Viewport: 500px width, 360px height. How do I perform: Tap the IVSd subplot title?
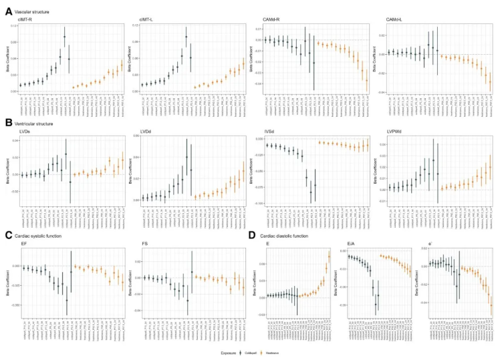270,131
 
